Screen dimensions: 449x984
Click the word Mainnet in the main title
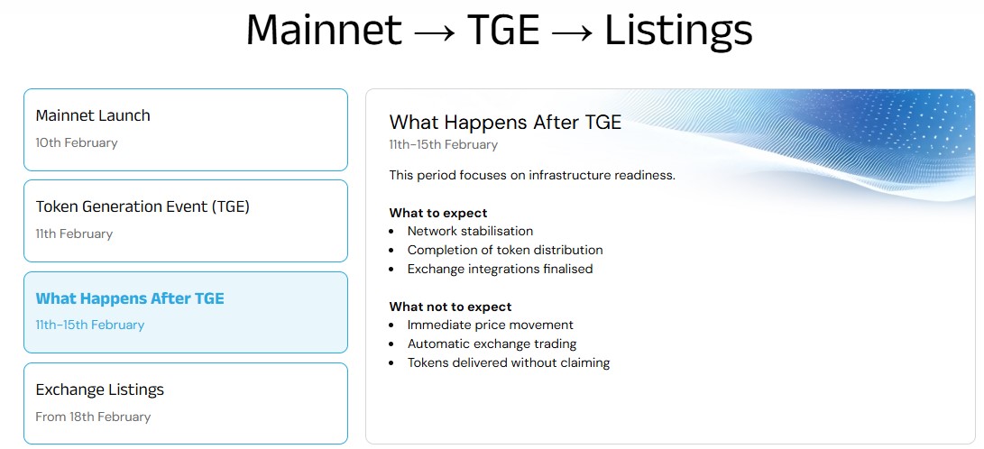pyautogui.click(x=324, y=31)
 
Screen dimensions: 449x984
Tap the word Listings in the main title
pyautogui.click(x=677, y=31)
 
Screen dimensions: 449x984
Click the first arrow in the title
pyautogui.click(x=434, y=32)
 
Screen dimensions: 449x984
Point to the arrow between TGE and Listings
pyautogui.click(x=571, y=32)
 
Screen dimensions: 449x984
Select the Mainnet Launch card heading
pyautogui.click(x=93, y=115)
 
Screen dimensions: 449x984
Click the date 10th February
pyautogui.click(x=77, y=142)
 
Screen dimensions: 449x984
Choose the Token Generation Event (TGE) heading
pyautogui.click(x=143, y=206)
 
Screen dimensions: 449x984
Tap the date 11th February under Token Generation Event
pyautogui.click(x=74, y=234)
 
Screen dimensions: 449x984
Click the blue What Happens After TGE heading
pyautogui.click(x=130, y=298)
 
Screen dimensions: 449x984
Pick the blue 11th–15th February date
pyautogui.click(x=90, y=325)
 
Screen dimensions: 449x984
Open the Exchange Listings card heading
pyautogui.click(x=100, y=389)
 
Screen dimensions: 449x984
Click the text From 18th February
pyautogui.click(x=93, y=417)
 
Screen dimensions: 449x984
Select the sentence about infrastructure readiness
pyautogui.click(x=532, y=175)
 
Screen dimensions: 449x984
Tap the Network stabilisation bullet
pyautogui.click(x=470, y=231)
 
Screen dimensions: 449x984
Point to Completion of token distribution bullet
pyautogui.click(x=505, y=250)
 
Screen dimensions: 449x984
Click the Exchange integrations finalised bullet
pyautogui.click(x=500, y=269)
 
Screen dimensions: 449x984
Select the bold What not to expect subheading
pyautogui.click(x=450, y=307)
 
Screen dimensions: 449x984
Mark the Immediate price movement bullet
pyautogui.click(x=490, y=325)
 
